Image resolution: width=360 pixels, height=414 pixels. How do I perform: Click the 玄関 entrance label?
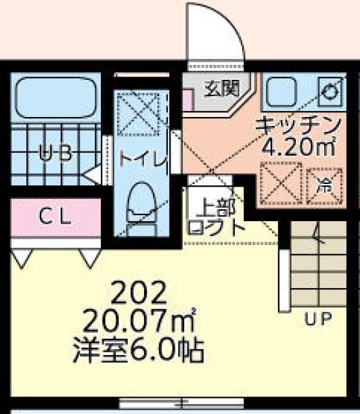(x=218, y=87)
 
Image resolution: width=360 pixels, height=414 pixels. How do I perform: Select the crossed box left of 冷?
(x=280, y=183)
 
